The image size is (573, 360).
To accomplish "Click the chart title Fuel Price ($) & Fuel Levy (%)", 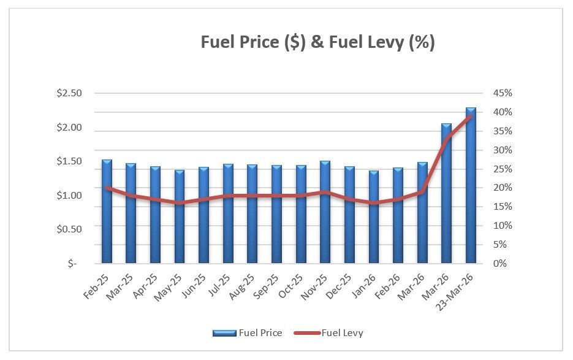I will [318, 42].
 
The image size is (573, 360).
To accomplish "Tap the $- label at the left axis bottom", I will [74, 263].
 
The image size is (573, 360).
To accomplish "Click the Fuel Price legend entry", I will [248, 333].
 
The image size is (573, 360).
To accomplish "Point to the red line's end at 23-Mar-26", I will [471, 117].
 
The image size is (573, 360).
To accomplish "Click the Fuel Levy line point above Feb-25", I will [107, 188].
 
